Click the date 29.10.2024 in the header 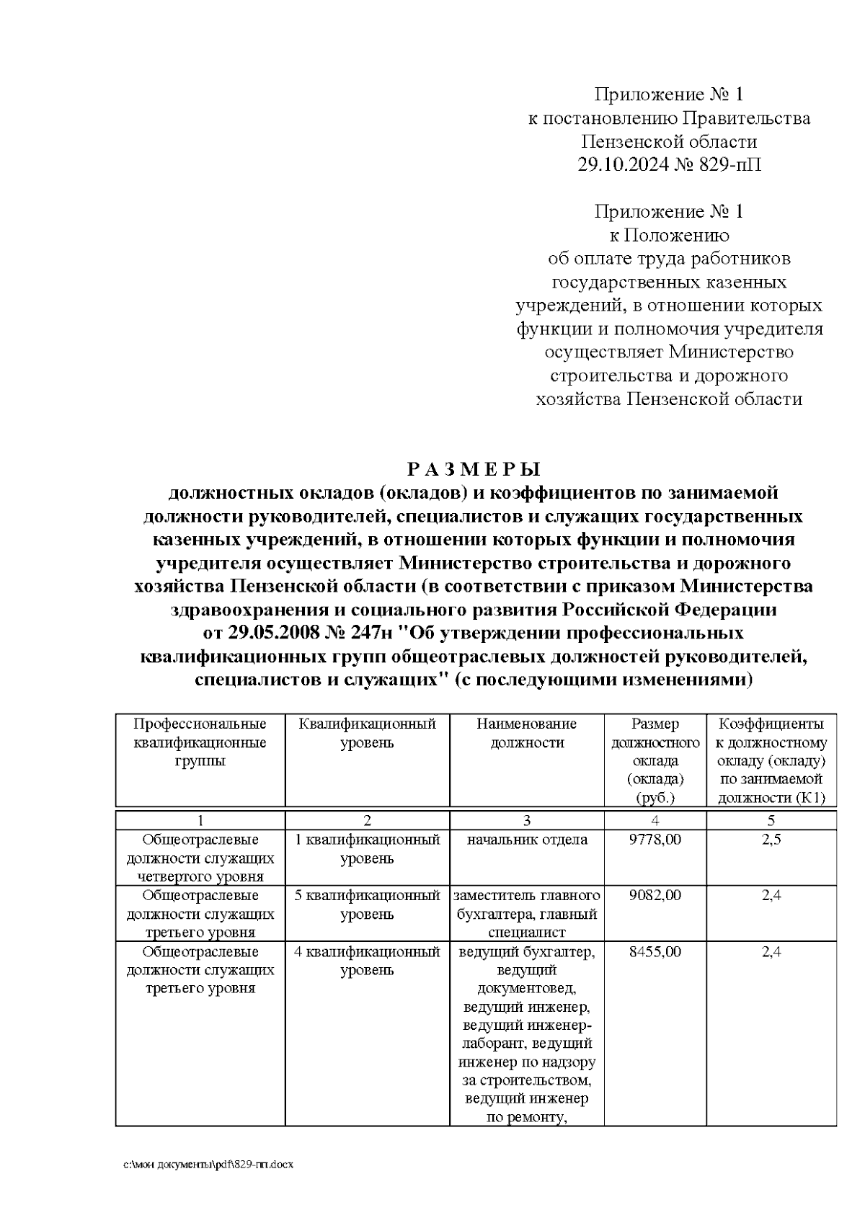622,165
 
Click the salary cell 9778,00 655,840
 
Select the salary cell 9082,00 655,896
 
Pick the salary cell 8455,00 655,952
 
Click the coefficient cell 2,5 771,840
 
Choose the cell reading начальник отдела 526,840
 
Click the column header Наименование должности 526,733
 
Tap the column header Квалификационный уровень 367,733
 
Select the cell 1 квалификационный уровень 367,849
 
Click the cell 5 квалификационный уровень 367,905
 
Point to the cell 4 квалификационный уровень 367,961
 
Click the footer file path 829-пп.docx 209,1165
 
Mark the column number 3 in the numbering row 526,820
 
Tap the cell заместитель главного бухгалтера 526,905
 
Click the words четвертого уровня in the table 200,877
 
